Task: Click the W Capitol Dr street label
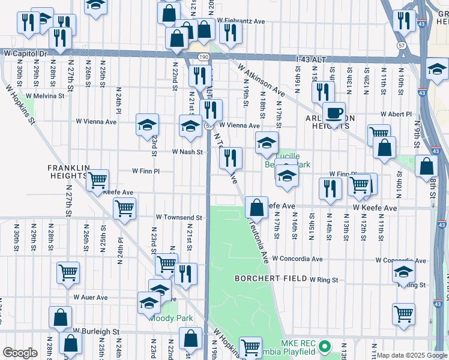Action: point(25,53)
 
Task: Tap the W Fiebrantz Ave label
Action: point(241,21)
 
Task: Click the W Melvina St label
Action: point(44,95)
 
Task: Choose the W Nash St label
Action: point(187,152)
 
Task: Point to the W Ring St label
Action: point(324,280)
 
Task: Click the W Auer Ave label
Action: point(91,297)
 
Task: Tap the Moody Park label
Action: point(167,318)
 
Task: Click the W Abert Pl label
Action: point(396,114)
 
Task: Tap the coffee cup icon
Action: point(334,112)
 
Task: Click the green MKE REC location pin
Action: point(325,346)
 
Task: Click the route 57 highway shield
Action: point(402,45)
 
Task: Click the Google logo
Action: point(20,353)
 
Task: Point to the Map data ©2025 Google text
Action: point(411,355)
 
